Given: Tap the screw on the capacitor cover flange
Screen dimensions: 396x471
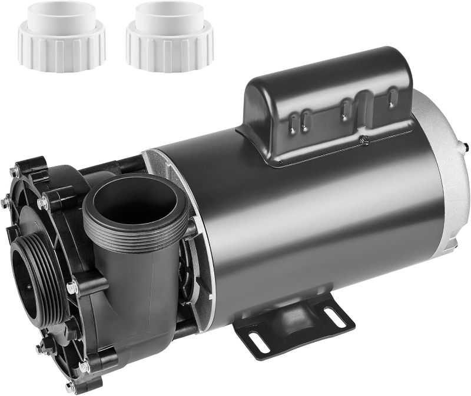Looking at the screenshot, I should pos(364,139).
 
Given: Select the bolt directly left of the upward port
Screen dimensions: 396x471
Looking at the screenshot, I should pos(42,203).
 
